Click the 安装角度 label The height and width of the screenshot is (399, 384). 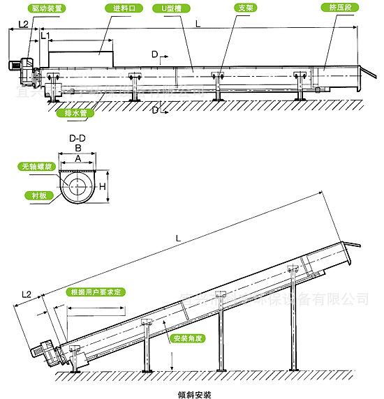(x=187, y=338)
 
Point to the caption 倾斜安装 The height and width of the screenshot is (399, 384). (x=193, y=392)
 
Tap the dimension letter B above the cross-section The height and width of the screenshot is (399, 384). (x=78, y=149)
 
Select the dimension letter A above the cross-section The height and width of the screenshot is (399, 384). (x=78, y=158)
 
